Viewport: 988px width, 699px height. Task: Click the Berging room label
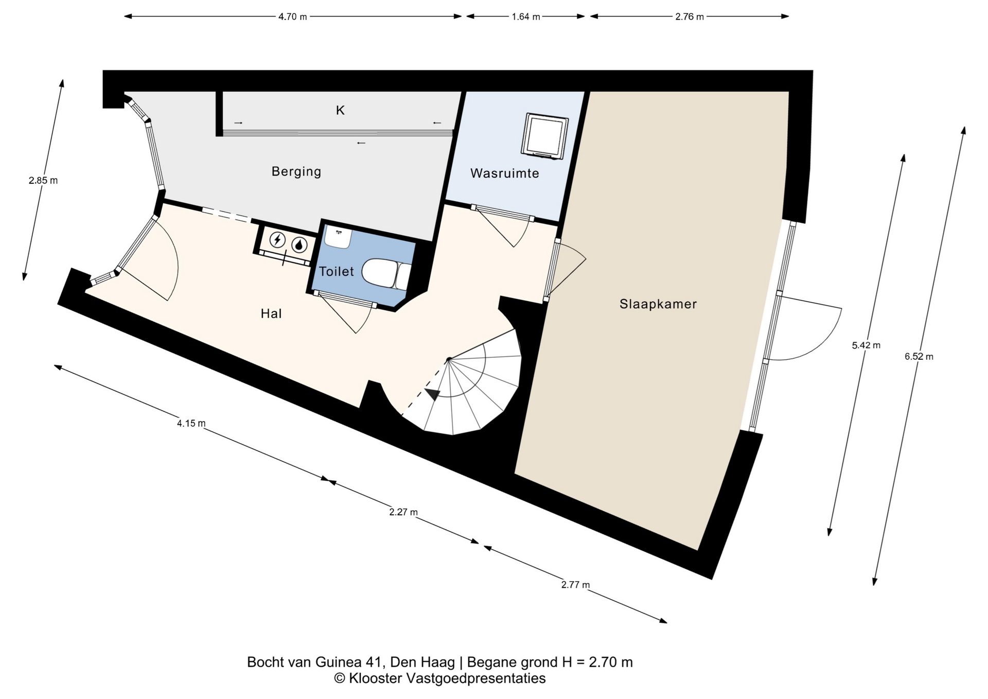coord(296,171)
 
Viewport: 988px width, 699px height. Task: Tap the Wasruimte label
coord(505,173)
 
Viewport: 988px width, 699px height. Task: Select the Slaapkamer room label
coord(658,304)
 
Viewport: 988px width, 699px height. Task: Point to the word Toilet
coord(337,271)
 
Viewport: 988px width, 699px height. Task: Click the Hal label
coord(271,313)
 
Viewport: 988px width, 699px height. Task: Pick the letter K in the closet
coord(340,110)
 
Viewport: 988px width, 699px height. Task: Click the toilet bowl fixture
coord(386,273)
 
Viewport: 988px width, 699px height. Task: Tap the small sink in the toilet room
coord(339,236)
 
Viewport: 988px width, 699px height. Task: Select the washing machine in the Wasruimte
coord(545,136)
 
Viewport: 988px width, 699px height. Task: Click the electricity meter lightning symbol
coord(277,240)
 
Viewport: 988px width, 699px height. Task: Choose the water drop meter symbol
coord(299,245)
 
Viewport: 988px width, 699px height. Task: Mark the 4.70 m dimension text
coord(293,16)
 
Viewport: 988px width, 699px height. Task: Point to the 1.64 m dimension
coord(526,16)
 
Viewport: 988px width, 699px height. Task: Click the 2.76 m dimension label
coord(690,16)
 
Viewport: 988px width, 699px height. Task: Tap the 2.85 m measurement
coord(43,180)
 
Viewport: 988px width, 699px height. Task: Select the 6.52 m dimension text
coord(919,356)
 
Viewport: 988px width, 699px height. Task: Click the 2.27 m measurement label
coord(403,512)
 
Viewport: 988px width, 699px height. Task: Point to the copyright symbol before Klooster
coord(340,678)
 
